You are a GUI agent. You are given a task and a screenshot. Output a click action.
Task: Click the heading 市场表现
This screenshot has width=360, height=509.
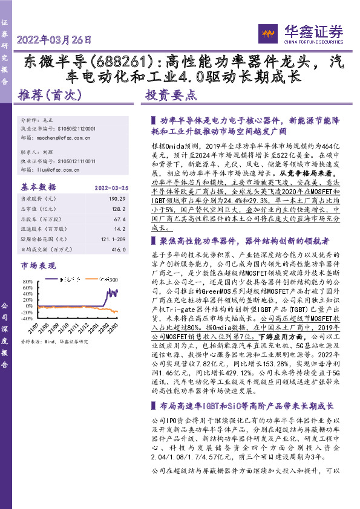point(37,265)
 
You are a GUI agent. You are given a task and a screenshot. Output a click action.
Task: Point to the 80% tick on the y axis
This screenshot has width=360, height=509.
point(28,282)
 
